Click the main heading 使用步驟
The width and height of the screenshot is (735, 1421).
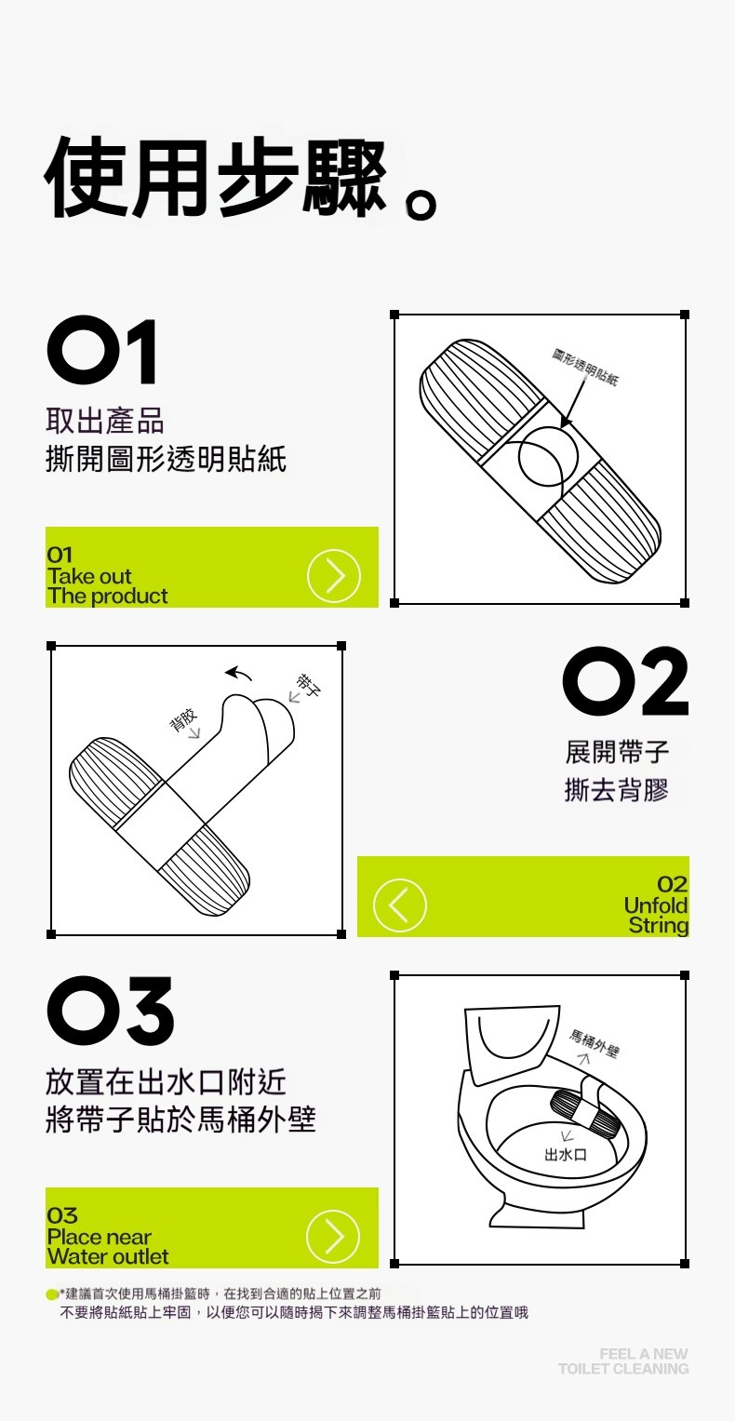216,177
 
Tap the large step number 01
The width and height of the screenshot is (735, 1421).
102,352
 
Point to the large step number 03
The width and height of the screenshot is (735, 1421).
111,1011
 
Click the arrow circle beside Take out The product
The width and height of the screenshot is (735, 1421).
334,575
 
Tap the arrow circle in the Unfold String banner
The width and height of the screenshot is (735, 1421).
399,905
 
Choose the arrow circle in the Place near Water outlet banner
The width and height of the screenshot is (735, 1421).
333,1236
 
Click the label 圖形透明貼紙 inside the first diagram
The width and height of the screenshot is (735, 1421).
584,366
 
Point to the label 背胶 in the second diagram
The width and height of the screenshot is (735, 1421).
182,719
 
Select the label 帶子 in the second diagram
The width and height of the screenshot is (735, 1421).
308,685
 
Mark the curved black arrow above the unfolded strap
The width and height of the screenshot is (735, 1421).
238,673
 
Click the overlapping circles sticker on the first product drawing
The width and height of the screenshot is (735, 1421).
548,456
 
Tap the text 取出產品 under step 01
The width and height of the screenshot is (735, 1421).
105,421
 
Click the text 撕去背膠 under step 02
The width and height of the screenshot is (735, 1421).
617,790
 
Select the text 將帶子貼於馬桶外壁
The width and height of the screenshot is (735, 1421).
180,1119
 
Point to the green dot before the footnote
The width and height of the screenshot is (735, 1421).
52,1294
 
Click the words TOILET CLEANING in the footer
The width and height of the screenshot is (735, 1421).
623,1368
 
